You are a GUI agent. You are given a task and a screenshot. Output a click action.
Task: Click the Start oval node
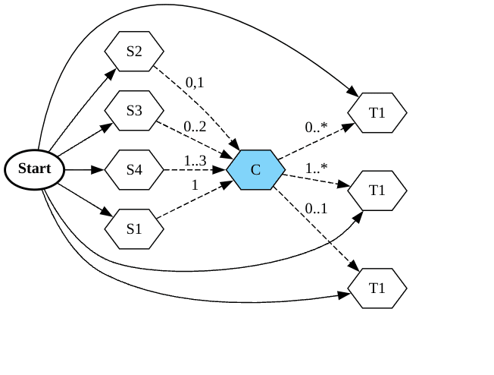click(x=35, y=169)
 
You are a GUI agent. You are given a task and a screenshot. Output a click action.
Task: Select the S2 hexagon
click(x=134, y=52)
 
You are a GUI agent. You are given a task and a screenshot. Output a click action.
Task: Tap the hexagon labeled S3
click(x=134, y=111)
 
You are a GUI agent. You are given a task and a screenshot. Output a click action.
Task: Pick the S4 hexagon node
click(x=134, y=169)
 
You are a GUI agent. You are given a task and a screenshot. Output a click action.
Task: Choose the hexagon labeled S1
click(x=134, y=228)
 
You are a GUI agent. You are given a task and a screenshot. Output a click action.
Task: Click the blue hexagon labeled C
click(x=255, y=169)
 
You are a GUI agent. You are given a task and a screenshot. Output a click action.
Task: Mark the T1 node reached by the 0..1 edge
click(x=377, y=288)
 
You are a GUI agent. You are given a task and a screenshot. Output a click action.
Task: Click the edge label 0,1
click(x=195, y=83)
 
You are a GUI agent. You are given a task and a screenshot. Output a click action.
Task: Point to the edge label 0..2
click(x=195, y=126)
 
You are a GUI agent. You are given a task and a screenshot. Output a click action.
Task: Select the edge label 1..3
click(x=195, y=161)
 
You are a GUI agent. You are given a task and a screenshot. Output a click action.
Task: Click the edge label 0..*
click(x=316, y=127)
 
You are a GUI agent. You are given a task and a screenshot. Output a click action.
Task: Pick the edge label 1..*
click(x=316, y=167)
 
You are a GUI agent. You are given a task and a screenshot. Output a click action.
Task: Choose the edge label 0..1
click(x=316, y=209)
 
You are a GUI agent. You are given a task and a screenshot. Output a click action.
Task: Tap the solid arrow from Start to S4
click(x=83, y=169)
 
